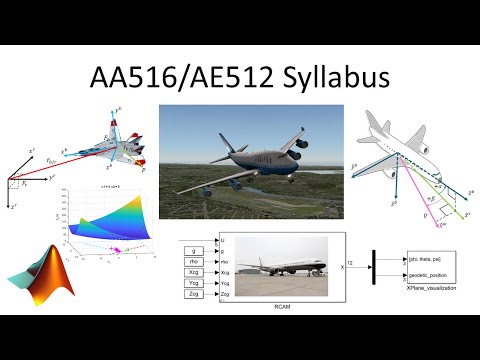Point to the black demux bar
(x=374, y=268)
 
